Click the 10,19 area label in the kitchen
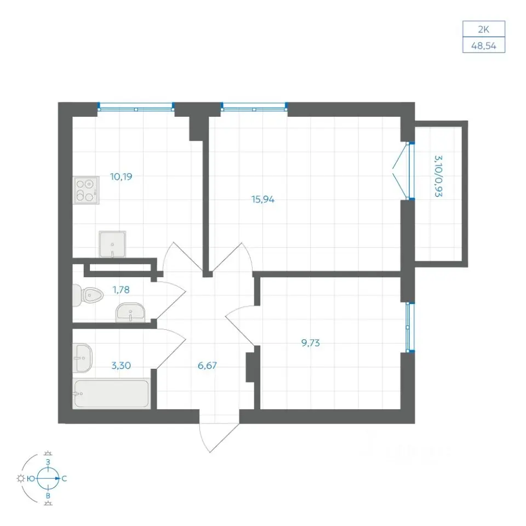pyautogui.click(x=121, y=176)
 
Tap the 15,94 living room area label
pyautogui.click(x=263, y=199)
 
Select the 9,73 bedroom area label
pyautogui.click(x=311, y=343)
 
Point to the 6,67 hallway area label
pyautogui.click(x=207, y=365)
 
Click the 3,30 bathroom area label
pyautogui.click(x=121, y=365)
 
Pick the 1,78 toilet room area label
pyautogui.click(x=121, y=289)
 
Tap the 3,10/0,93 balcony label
pyautogui.click(x=438, y=176)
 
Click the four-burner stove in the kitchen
pyautogui.click(x=86, y=190)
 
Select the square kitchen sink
pyautogui.click(x=112, y=244)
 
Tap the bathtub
pyautogui.click(x=111, y=393)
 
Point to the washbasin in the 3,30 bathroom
pyautogui.click(x=82, y=358)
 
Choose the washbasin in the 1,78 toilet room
pyautogui.click(x=130, y=313)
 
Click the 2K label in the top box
pyautogui.click(x=483, y=30)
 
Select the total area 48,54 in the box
pyautogui.click(x=483, y=45)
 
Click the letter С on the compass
pyautogui.click(x=64, y=479)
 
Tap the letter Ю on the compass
pyautogui.click(x=31, y=479)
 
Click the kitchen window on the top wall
pyautogui.click(x=136, y=107)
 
